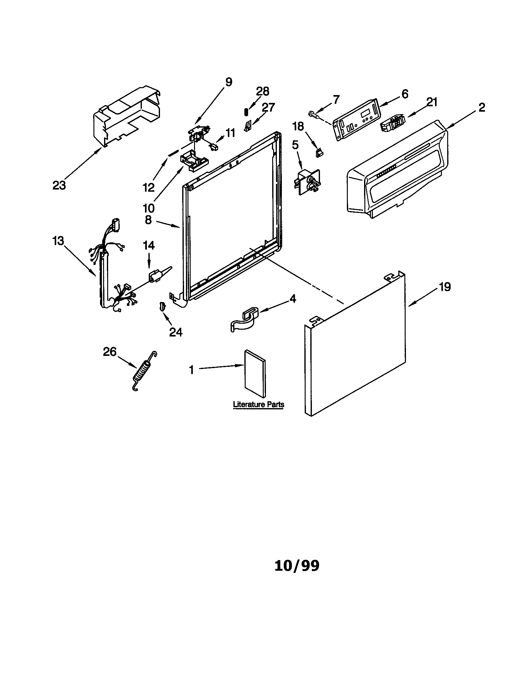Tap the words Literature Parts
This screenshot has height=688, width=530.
(x=258, y=404)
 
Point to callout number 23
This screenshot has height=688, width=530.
(x=59, y=185)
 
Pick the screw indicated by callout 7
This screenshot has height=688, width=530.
(x=313, y=114)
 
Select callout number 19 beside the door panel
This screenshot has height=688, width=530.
(x=445, y=287)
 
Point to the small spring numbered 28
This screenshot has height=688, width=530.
(x=247, y=112)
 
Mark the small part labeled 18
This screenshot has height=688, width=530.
(x=319, y=154)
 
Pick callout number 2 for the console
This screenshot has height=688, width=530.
(x=481, y=108)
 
